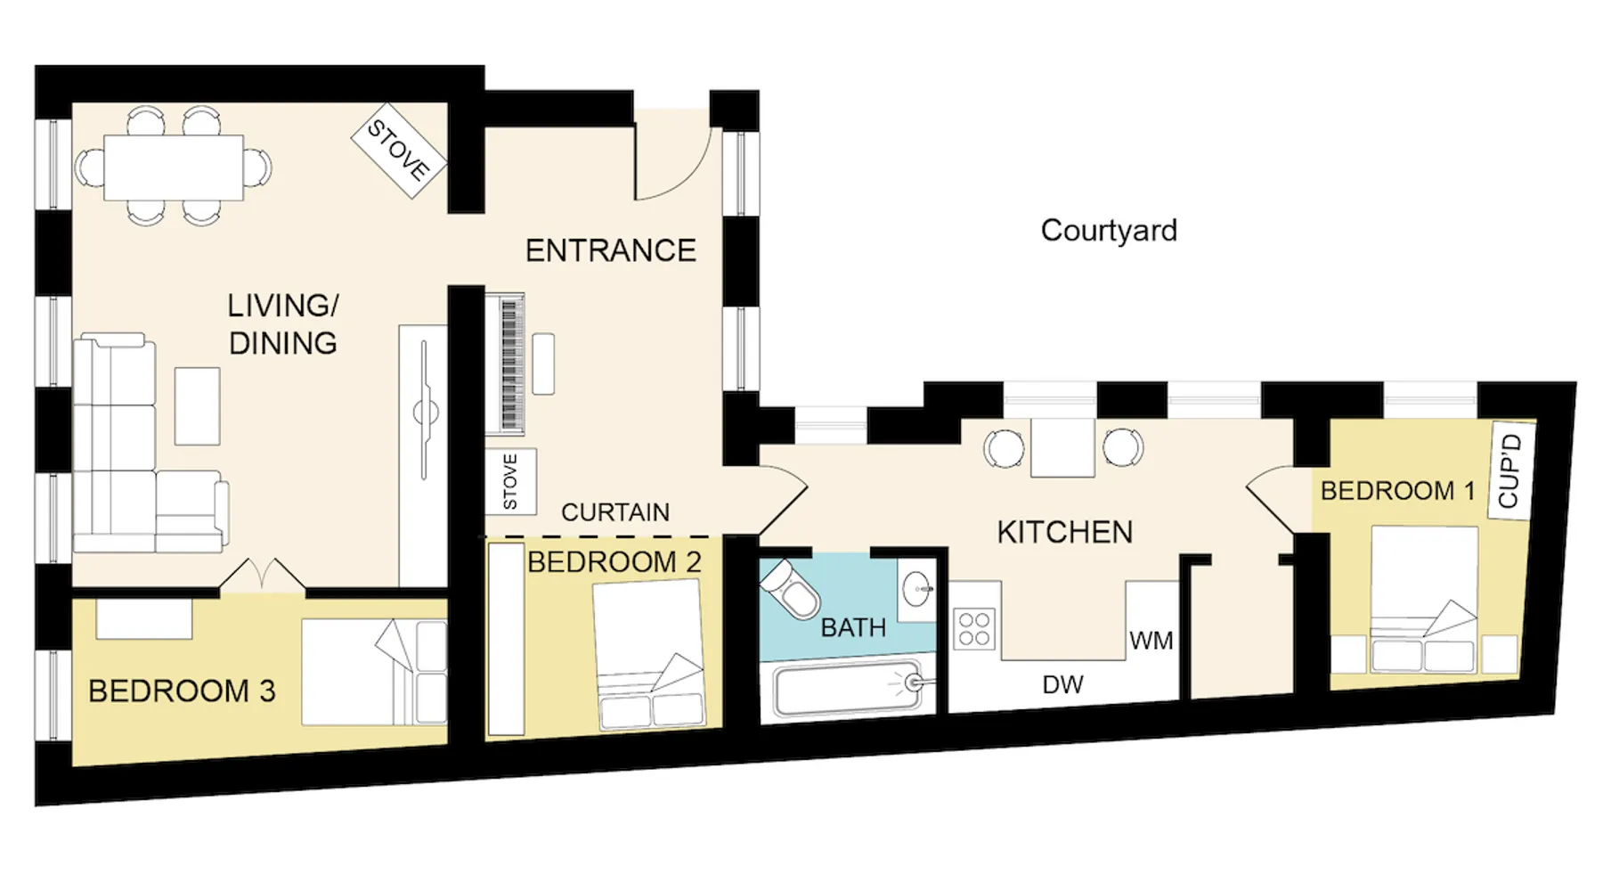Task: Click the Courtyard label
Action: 1109,231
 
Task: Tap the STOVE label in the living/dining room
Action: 398,151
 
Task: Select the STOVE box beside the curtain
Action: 510,481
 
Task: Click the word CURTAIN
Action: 615,512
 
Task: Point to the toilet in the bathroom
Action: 789,587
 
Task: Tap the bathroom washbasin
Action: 916,589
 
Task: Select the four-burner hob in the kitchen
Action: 975,627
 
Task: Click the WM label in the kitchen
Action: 1151,641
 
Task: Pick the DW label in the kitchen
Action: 1062,684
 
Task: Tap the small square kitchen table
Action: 1062,447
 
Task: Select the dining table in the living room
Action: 174,167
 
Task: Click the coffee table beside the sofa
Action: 197,405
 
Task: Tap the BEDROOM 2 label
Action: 614,562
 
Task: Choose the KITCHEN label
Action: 1065,532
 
